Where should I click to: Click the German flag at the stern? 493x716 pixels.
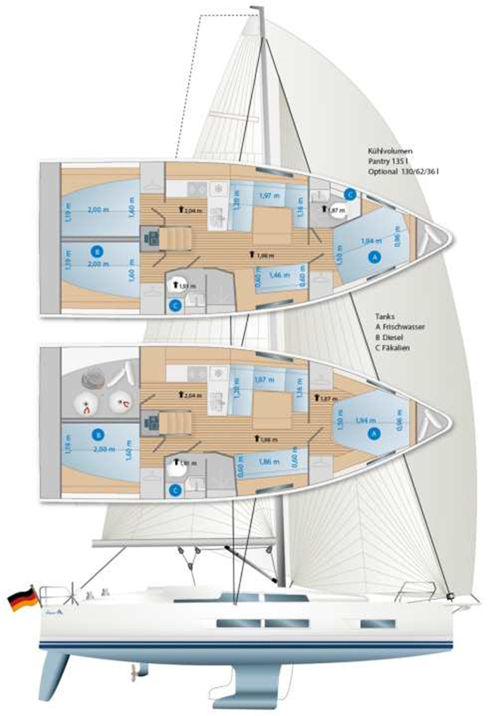[23, 599]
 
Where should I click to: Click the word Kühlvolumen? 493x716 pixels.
[390, 152]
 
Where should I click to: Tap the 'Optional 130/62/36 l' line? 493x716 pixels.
[403, 172]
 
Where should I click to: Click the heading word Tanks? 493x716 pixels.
[385, 317]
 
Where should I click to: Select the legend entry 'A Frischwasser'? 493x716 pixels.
[400, 327]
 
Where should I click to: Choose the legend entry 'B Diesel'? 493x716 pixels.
[389, 337]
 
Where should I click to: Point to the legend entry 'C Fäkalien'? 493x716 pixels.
[392, 348]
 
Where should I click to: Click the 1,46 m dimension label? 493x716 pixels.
[279, 275]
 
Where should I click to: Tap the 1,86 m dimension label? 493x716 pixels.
[265, 462]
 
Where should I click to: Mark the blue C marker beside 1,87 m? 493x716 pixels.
[350, 194]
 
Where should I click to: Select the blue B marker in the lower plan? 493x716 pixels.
[98, 435]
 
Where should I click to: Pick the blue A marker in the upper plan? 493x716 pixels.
[374, 256]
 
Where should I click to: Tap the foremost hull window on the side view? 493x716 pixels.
[378, 624]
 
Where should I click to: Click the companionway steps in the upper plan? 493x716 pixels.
[175, 239]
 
